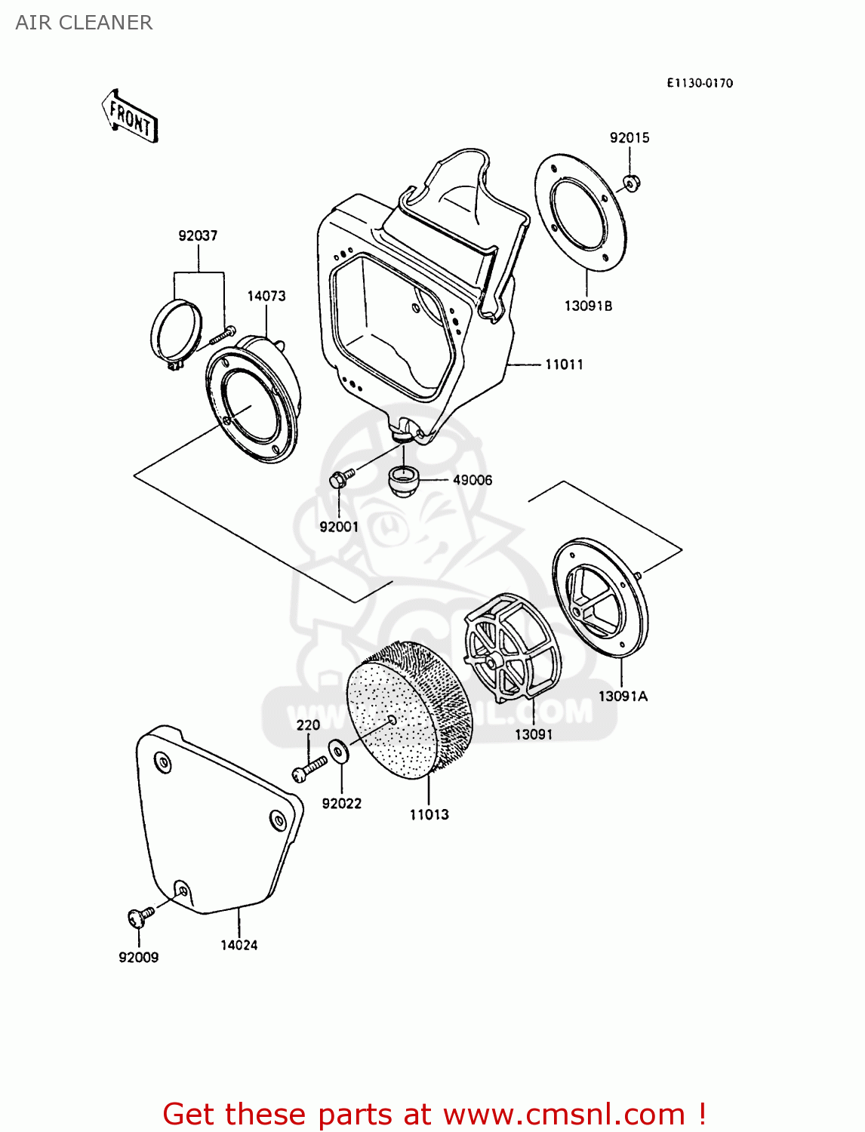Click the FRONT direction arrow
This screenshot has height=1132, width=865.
tap(130, 118)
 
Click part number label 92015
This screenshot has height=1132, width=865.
tap(630, 137)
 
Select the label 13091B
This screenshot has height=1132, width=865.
tap(588, 306)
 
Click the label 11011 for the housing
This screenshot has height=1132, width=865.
tap(564, 365)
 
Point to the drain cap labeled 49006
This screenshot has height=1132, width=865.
tap(403, 480)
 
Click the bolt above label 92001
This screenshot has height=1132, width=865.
tap(340, 478)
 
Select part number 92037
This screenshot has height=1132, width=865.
tap(198, 235)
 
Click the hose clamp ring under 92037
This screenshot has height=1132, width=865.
tap(177, 332)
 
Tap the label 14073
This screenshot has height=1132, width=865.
tap(266, 296)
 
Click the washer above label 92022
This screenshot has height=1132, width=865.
tap(338, 752)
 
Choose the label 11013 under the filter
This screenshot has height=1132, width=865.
tap(429, 814)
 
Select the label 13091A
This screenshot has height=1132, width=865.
tap(623, 696)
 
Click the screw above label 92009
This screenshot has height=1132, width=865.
tap(139, 916)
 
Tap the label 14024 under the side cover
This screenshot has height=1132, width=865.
tap(239, 945)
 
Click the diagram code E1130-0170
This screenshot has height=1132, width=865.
tap(699, 83)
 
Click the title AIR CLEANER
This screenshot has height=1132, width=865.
tap(84, 23)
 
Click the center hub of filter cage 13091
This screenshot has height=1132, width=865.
tap(493, 662)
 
